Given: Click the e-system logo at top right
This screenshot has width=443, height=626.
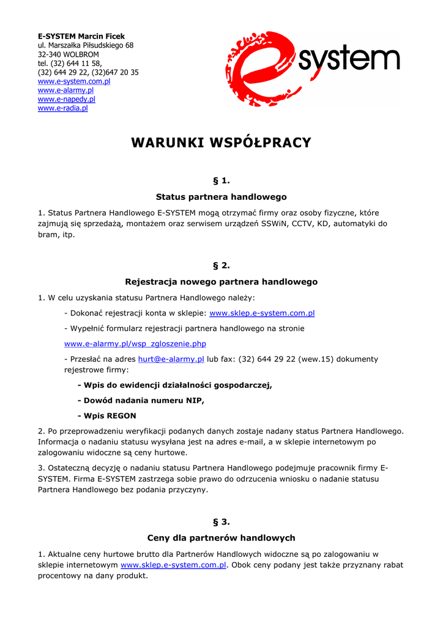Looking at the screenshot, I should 312,68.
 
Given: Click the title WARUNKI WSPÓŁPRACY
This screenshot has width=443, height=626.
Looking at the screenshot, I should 221,143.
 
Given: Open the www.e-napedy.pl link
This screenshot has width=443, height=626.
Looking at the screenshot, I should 67,99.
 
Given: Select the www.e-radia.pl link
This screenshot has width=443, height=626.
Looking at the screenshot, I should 63,108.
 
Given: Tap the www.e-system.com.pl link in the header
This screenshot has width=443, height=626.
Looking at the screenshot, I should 74,81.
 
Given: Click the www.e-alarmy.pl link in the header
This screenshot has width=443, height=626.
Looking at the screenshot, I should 65,90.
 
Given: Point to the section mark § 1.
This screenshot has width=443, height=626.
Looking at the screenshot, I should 221,180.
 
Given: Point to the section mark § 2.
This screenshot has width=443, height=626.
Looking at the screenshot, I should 221,265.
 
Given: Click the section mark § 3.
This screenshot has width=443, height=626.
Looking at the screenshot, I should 221,521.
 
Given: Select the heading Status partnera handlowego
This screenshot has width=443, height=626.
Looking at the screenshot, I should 221,197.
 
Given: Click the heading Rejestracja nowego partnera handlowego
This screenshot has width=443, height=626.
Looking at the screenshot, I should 221,282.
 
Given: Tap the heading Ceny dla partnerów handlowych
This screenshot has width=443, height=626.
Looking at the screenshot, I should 221,538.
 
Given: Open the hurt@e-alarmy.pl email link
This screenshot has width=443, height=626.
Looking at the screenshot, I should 171,359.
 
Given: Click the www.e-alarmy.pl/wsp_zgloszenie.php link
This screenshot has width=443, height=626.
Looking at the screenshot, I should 135,344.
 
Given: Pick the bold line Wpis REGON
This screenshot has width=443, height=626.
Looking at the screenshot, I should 106,416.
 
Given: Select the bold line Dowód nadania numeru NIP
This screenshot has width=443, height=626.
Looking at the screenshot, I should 141,400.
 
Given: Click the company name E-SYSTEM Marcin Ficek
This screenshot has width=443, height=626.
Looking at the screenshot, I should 81,36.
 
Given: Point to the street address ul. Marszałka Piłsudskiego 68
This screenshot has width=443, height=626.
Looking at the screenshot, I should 86,45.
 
